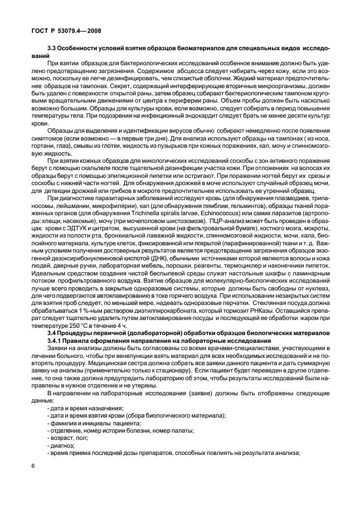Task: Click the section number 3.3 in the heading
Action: pyautogui.click(x=54, y=57)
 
